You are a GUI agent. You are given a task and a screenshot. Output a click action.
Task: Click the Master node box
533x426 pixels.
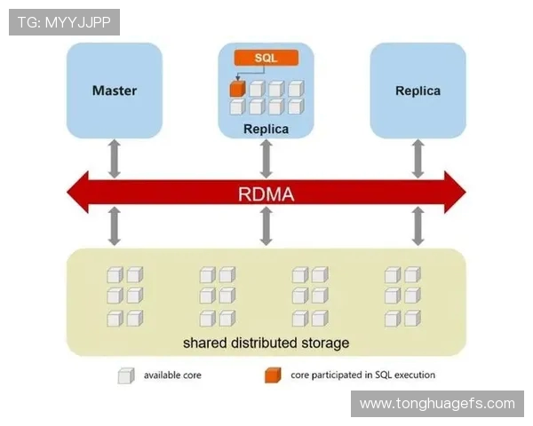coord(115,91)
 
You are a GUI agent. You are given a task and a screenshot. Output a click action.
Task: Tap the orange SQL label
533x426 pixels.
coord(266,58)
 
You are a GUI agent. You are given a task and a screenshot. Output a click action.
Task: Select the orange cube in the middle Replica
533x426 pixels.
coord(237,89)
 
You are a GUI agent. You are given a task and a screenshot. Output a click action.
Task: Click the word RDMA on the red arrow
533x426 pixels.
coord(266,193)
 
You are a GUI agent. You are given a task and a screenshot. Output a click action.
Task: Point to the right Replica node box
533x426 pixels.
coord(418,91)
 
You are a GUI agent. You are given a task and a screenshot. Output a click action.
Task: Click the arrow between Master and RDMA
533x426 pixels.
coord(115,157)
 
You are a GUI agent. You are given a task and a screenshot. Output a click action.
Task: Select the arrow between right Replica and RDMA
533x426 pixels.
coord(418,157)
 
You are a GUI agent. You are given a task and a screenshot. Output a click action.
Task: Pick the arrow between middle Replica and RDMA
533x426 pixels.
coord(266,157)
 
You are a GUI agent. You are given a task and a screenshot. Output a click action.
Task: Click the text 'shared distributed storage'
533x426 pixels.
coord(266,343)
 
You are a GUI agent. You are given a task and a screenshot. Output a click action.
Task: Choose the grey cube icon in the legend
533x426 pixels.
coord(125,375)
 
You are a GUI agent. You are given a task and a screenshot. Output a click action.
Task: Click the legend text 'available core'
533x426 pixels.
coord(172,375)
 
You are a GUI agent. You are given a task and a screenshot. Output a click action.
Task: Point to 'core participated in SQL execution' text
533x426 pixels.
coord(362,375)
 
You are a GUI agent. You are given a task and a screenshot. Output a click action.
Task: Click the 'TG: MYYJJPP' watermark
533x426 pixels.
coord(64,22)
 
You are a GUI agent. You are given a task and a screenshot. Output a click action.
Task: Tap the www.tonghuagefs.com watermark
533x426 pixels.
coord(437,404)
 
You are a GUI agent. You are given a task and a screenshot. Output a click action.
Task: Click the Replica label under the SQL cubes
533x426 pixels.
coord(266,130)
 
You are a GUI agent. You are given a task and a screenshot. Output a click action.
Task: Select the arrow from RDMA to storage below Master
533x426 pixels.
coord(115,226)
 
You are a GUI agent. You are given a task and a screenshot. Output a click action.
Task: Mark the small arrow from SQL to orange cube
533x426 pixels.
coord(237,71)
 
